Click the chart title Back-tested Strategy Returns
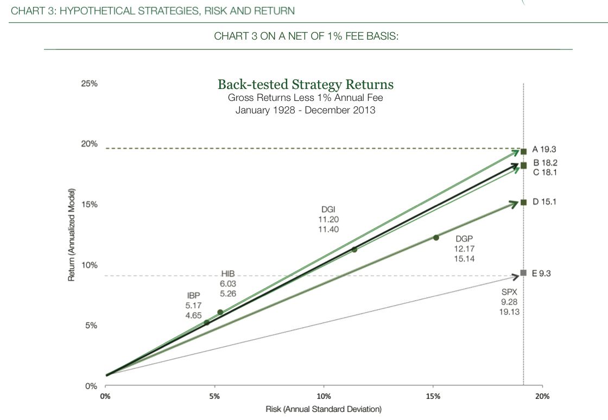point(305,85)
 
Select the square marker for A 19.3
point(523,151)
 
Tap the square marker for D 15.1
point(523,202)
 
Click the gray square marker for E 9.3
point(523,272)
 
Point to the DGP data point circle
point(436,237)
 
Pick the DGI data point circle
point(354,250)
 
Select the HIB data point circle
point(220,312)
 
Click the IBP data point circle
point(206,322)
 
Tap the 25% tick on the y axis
point(90,84)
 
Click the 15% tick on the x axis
point(433,397)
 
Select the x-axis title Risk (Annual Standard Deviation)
point(324,409)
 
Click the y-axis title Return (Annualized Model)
point(71,235)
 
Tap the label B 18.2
point(546,163)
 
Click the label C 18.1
point(546,173)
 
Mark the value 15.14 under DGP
point(465,259)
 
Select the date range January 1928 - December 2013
point(305,110)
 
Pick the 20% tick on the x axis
point(542,397)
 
